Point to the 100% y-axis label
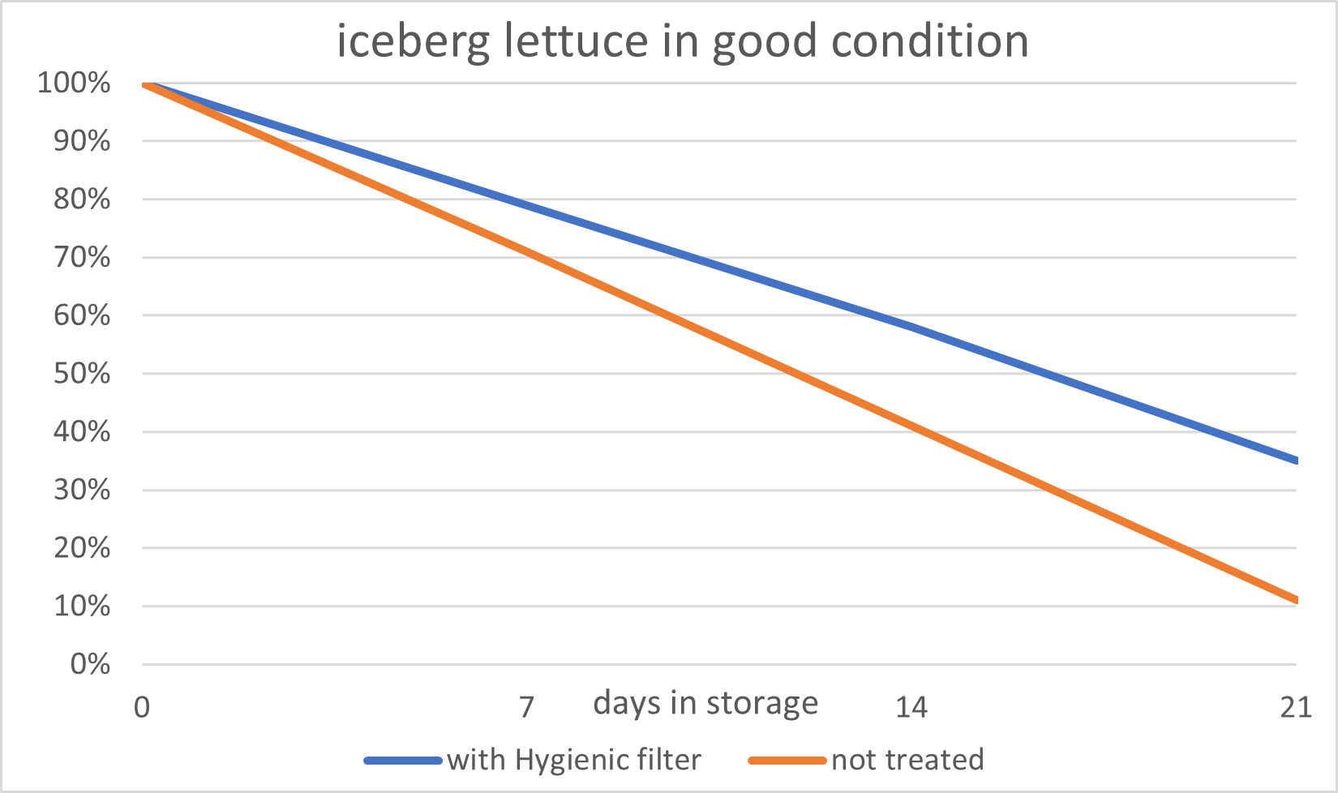click(x=74, y=83)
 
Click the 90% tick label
click(x=82, y=141)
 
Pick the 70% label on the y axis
click(x=82, y=258)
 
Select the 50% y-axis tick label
click(x=82, y=374)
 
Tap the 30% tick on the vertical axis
click(x=82, y=490)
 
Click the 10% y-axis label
click(x=82, y=607)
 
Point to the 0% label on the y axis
click(x=90, y=665)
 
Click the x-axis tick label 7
click(x=527, y=708)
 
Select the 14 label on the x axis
click(x=911, y=708)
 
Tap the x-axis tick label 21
click(x=1295, y=708)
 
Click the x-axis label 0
click(x=142, y=708)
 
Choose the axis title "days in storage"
click(x=705, y=703)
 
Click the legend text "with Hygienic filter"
click(x=574, y=760)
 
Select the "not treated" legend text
click(x=907, y=760)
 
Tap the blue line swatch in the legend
click(x=403, y=761)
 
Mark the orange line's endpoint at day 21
click(x=1296, y=600)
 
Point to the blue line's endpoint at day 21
click(x=1296, y=461)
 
